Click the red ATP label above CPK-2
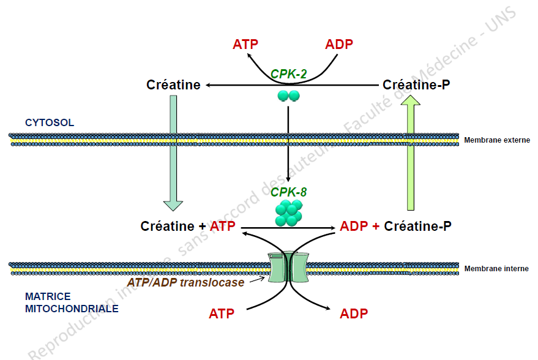point(245,44)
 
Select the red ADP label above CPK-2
point(339,44)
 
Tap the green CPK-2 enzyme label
point(288,74)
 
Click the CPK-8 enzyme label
point(288,192)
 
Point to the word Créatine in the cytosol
point(173,85)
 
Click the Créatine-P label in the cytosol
point(416,85)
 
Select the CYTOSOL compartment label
point(50,122)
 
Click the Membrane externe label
point(496,140)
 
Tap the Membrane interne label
point(496,269)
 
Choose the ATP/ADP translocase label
point(185,282)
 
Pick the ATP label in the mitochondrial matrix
point(222,314)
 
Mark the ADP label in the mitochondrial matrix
point(354,314)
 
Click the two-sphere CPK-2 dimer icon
point(288,96)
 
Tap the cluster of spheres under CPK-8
point(288,212)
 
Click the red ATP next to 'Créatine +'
point(223,227)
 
